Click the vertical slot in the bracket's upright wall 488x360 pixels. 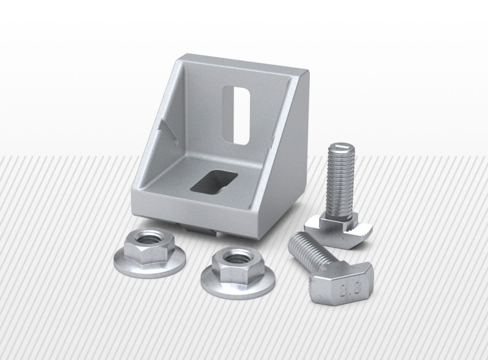tap(237, 115)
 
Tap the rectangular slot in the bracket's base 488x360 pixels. tap(214, 181)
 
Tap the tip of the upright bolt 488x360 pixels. tap(342, 146)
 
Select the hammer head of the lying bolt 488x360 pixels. tap(341, 282)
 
